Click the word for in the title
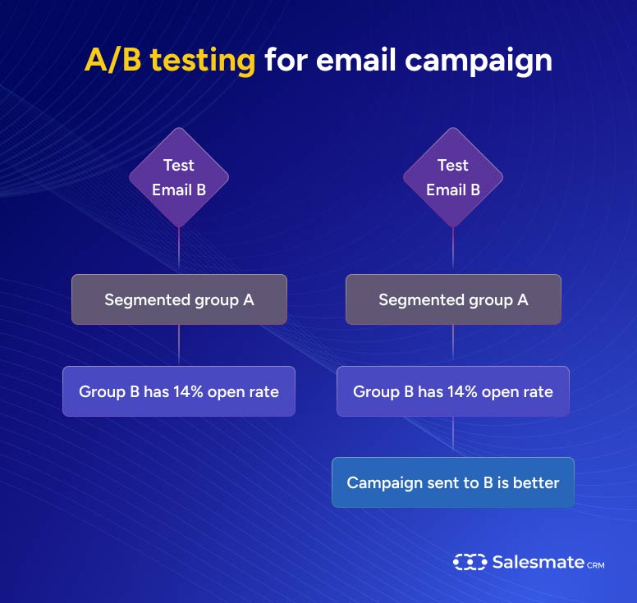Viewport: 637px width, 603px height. tap(284, 62)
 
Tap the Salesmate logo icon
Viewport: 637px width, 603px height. tap(469, 562)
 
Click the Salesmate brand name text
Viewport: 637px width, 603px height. tap(538, 562)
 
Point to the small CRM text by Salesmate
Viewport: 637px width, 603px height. tap(596, 564)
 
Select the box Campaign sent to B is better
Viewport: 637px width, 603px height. tap(452, 482)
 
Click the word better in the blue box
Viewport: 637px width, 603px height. tap(535, 482)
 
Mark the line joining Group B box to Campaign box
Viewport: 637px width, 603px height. tap(452, 436)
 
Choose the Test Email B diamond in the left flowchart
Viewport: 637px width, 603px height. tap(179, 177)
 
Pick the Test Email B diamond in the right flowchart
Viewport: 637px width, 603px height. tap(453, 177)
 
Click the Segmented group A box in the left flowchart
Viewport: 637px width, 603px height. tap(179, 299)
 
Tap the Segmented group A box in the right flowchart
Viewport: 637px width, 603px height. tap(453, 299)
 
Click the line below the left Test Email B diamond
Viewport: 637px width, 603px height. tap(179, 250)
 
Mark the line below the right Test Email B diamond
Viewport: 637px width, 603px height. tap(453, 250)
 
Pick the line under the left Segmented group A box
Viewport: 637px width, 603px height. tap(179, 345)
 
